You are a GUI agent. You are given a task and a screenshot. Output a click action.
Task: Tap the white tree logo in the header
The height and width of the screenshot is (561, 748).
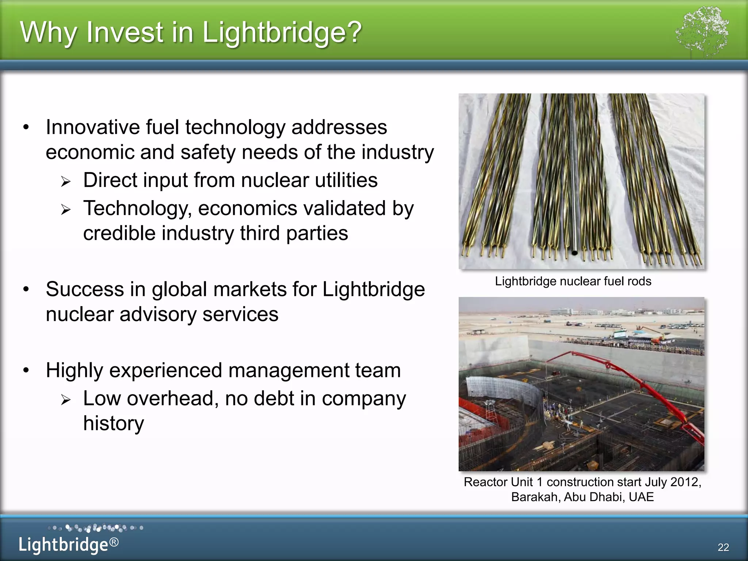[702, 31]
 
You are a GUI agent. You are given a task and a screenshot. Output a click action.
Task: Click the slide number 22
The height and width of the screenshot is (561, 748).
[723, 547]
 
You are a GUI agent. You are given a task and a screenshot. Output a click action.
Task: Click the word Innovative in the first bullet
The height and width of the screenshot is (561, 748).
[93, 127]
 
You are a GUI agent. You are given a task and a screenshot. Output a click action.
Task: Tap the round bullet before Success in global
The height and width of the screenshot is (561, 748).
[26, 289]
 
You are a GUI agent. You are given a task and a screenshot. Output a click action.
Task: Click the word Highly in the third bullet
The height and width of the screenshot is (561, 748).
[75, 370]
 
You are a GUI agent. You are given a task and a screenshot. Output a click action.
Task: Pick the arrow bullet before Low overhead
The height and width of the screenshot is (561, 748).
[66, 400]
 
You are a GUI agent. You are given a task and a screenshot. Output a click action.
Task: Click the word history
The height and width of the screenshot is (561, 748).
[114, 423]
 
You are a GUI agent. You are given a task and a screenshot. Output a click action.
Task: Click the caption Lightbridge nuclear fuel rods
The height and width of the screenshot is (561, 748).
[573, 281]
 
